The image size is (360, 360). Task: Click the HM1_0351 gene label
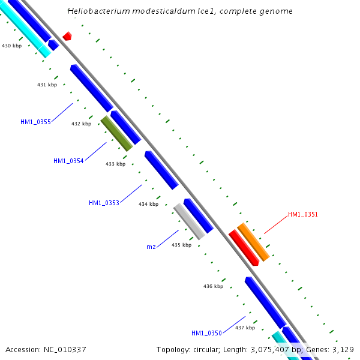pyautogui.click(x=303, y=214)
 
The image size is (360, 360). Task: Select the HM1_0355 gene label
pyautogui.click(x=35, y=122)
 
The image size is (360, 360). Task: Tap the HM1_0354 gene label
pyautogui.click(x=68, y=161)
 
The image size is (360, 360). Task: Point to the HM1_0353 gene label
pyautogui.click(x=104, y=203)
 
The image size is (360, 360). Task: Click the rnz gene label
pyautogui.click(x=151, y=247)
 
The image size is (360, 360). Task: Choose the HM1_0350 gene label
pyautogui.click(x=206, y=333)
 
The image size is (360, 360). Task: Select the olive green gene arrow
pyautogui.click(x=116, y=133)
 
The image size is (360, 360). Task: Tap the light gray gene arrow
pyautogui.click(x=190, y=221)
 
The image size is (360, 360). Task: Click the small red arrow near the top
pyautogui.click(x=67, y=36)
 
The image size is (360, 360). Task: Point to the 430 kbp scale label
pyautogui.click(x=11, y=46)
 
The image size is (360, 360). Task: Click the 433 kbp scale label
pyautogui.click(x=116, y=164)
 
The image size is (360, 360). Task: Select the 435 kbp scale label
pyautogui.click(x=181, y=245)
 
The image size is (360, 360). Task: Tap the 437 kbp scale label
pyautogui.click(x=245, y=328)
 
